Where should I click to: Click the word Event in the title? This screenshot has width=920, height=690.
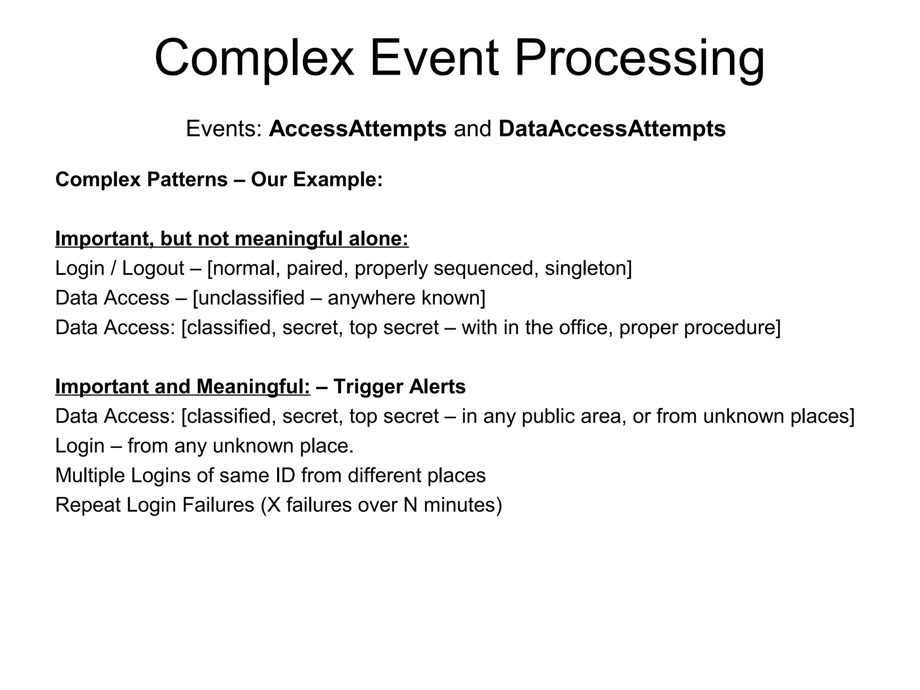tap(434, 58)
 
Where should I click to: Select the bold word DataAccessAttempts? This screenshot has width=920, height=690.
tap(612, 128)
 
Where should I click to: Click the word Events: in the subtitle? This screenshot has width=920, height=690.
tap(224, 128)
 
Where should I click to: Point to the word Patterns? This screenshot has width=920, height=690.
tap(187, 179)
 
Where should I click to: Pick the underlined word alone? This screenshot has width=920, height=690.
tap(379, 238)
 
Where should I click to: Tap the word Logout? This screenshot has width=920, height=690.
tap(153, 268)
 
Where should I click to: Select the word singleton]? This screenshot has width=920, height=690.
tap(588, 268)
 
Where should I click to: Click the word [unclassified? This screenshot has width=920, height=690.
tap(248, 298)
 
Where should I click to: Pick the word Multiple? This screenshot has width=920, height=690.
tap(90, 475)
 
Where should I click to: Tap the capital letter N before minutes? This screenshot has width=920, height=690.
tap(411, 505)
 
